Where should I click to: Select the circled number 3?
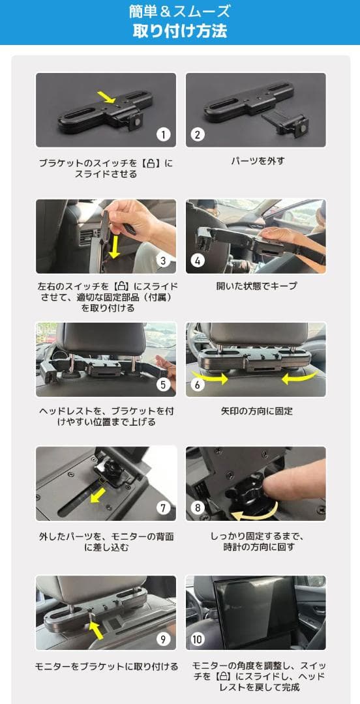pos(163,261)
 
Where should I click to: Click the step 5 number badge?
pos(163,384)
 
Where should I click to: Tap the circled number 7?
pos(163,508)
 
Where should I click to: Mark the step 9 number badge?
pos(163,638)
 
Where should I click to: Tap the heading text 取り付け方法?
pos(180,31)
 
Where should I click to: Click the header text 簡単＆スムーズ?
pos(180,11)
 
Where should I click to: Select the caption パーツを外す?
pos(258,160)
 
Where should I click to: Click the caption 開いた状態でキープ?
pos(256,286)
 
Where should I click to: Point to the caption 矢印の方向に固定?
pos(256,411)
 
